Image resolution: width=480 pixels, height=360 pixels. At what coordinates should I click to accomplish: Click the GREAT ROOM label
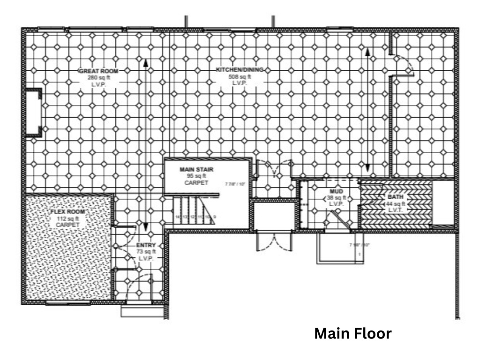[98, 71]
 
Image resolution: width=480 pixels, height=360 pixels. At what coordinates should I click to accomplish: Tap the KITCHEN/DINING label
[240, 70]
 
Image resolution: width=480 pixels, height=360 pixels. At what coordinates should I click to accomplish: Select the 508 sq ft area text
[240, 76]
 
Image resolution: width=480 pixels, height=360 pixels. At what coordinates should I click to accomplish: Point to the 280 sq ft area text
[98, 78]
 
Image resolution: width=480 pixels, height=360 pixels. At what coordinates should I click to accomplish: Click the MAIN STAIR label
[193, 169]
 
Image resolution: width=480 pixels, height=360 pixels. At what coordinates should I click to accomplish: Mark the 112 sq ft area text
[67, 218]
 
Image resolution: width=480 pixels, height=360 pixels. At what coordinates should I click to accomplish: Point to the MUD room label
[336, 192]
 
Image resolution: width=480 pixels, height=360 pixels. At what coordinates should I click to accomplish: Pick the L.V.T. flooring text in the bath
[396, 210]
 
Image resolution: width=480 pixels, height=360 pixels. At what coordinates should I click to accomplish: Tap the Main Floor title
[352, 334]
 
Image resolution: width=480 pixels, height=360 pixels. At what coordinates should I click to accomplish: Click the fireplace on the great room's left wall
[33, 112]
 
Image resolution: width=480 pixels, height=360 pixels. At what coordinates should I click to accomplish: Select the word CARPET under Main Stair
[196, 183]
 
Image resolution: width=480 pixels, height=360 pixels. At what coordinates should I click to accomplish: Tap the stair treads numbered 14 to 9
[194, 211]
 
